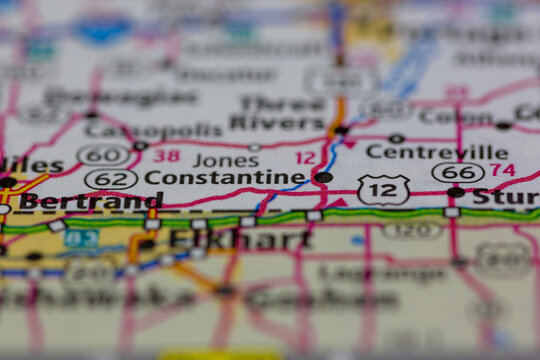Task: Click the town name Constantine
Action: pos(225,178)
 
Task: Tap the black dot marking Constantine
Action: pos(323,177)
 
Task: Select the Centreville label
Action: pos(436,152)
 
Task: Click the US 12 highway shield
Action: pos(383,188)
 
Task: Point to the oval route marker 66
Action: pos(458,172)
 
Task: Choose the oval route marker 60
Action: pos(102,155)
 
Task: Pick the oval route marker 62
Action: pos(111,179)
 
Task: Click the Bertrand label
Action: pos(90,201)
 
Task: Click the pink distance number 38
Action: pos(168,156)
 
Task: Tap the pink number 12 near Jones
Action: pos(305,158)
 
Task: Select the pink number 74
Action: pos(502,170)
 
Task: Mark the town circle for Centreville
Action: pos(397,138)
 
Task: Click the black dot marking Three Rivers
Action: pos(341,129)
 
